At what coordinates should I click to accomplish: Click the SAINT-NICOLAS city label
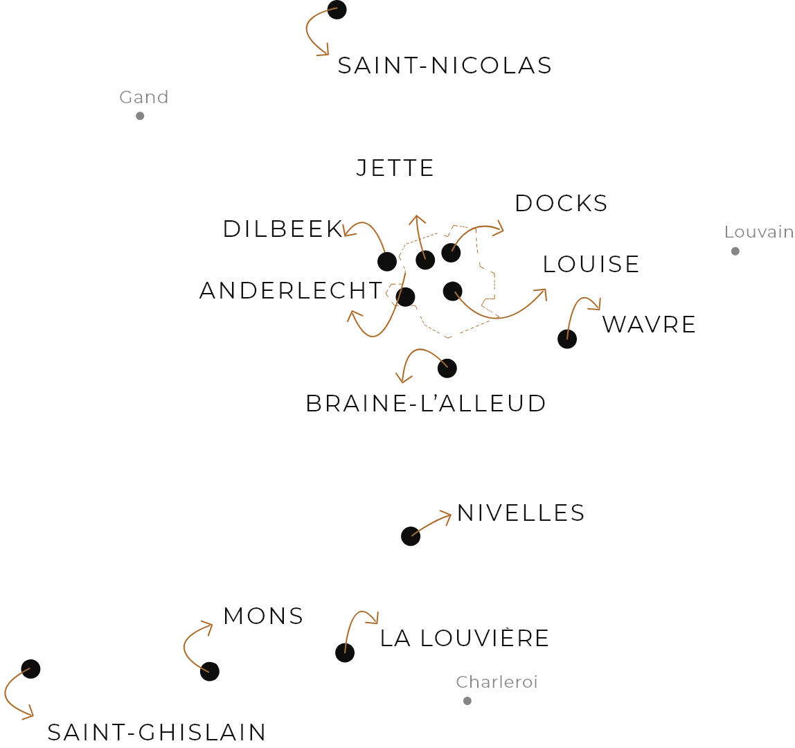(x=445, y=68)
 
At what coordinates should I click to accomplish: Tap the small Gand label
(x=143, y=97)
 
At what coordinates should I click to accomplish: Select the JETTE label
(x=395, y=168)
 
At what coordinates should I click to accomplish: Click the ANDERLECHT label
(x=291, y=290)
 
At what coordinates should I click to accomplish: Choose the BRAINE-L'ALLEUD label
(x=427, y=404)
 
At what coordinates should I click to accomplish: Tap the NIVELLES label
(x=521, y=513)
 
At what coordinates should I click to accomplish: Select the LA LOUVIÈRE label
(x=463, y=638)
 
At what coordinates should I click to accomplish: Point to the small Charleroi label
(x=496, y=683)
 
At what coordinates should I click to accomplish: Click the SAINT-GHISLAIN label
(x=155, y=731)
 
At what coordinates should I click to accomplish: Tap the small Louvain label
(x=759, y=231)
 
